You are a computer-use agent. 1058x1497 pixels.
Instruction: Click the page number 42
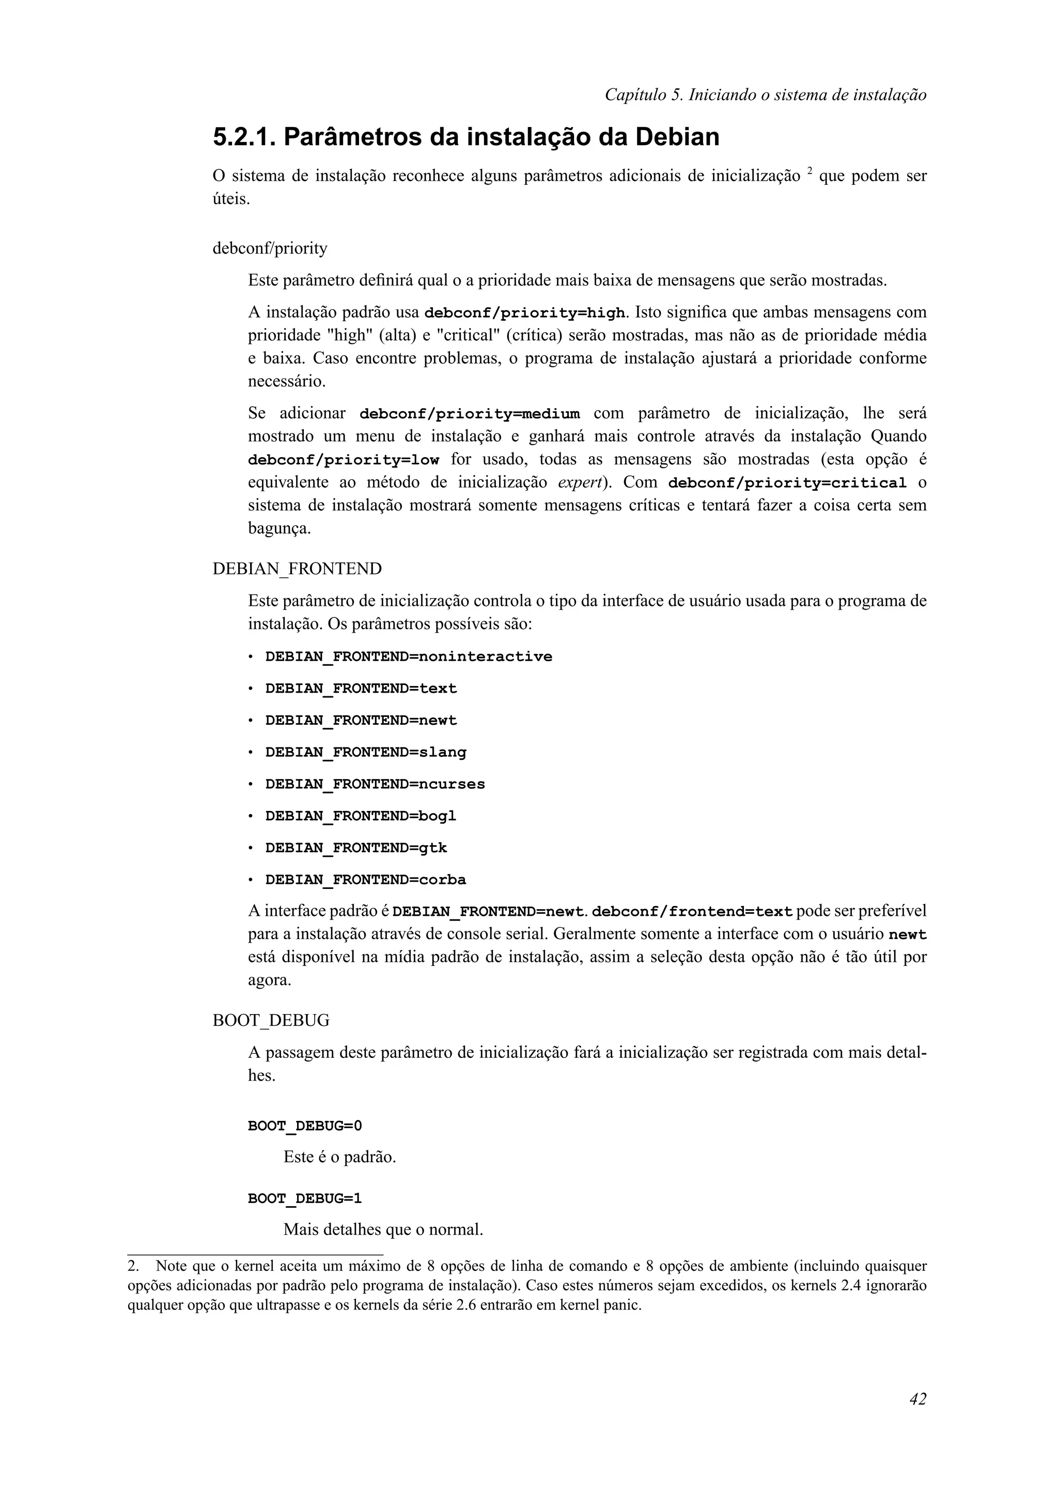[x=917, y=1417]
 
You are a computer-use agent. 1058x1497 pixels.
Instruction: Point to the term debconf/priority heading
[x=270, y=248]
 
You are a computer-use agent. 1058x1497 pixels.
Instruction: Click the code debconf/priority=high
[x=524, y=314]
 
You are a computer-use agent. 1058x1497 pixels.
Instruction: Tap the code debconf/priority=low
[x=344, y=460]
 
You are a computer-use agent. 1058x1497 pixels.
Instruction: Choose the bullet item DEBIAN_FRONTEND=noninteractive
[x=408, y=657]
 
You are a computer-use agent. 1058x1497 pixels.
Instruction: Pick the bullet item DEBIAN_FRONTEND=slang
[x=366, y=753]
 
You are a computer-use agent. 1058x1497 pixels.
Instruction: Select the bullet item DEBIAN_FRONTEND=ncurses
[x=375, y=784]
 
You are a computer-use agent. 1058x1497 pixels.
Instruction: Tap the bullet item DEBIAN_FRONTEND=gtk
[x=356, y=848]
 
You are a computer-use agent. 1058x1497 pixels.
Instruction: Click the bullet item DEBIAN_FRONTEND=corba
[x=366, y=880]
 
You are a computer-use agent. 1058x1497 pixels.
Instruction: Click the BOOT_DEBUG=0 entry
[x=304, y=1126]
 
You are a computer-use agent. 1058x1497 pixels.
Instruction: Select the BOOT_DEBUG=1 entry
[x=304, y=1198]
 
